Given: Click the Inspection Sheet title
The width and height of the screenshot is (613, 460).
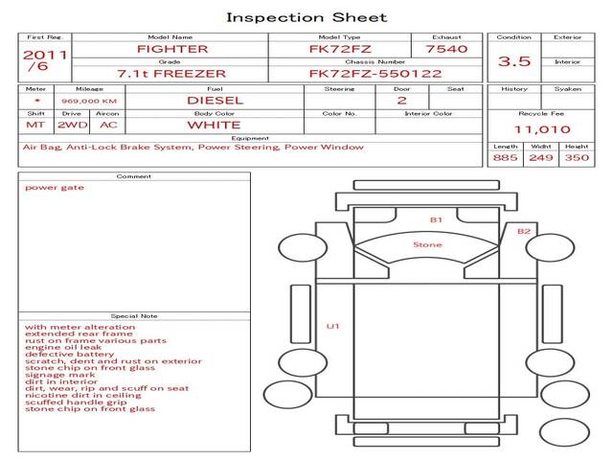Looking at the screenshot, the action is (306, 17).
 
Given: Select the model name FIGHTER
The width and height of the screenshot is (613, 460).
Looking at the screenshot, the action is (172, 49).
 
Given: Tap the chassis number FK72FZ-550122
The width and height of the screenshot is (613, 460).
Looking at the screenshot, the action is (375, 74).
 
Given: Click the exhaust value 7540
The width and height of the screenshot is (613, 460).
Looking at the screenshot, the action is (446, 49).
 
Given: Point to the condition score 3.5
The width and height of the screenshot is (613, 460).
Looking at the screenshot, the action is (514, 61).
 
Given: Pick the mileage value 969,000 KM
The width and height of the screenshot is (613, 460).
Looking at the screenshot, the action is (89, 101).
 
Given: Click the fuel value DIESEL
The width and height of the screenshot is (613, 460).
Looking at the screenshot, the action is (215, 101).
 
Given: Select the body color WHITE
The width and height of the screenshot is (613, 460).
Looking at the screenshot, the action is (214, 126).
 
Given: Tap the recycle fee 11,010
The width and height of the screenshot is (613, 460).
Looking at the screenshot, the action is (542, 129).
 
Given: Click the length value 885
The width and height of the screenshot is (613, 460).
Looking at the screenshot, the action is (505, 157).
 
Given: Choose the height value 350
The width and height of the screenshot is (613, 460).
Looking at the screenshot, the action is (577, 157).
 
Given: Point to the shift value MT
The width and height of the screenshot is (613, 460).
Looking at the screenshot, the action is (35, 125).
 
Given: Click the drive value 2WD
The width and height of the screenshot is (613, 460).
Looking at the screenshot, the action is (73, 125).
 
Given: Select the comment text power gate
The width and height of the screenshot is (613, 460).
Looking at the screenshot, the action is (55, 188).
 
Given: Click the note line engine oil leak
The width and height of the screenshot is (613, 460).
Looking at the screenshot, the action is (63, 347).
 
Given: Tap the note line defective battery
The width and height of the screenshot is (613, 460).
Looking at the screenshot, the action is (69, 354).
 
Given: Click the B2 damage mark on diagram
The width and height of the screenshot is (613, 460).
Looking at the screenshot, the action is (524, 231).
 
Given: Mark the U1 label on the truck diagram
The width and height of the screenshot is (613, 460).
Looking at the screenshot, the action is (332, 326).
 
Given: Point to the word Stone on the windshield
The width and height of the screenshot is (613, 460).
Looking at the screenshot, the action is (427, 244).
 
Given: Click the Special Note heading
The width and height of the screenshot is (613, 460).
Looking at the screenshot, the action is (134, 315).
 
